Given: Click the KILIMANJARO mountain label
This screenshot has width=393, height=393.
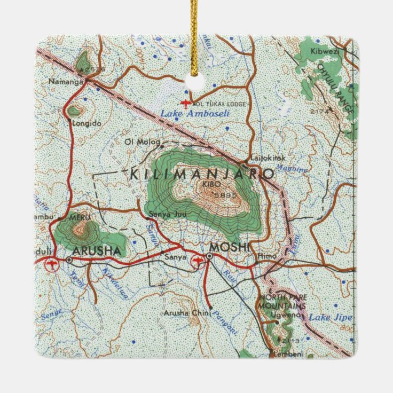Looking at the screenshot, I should click(x=202, y=174).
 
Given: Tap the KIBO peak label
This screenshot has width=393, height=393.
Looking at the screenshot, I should click(x=208, y=185).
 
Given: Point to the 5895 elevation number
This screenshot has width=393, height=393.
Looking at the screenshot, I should click(x=224, y=195).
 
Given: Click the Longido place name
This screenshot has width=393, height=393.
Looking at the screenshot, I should click(x=88, y=123).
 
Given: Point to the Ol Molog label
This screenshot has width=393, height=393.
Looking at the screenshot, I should click(x=135, y=142).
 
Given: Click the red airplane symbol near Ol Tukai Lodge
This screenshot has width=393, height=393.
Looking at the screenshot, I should click(x=185, y=103).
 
